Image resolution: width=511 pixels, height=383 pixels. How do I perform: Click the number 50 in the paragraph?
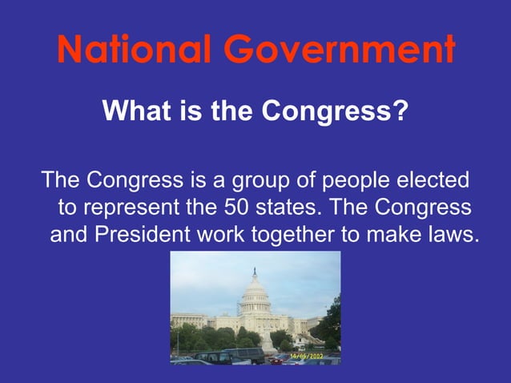[234, 207]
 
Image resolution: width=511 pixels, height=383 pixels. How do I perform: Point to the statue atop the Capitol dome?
[255, 271]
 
